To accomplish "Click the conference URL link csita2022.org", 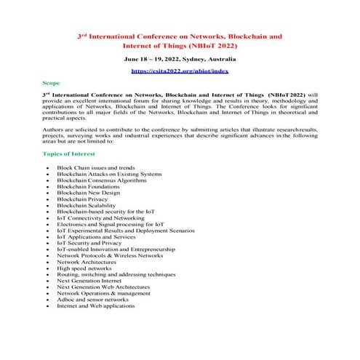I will [x=179, y=72].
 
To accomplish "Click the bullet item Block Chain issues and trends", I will [x=95, y=168].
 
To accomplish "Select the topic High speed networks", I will [x=84, y=268].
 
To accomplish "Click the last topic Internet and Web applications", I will [x=95, y=306].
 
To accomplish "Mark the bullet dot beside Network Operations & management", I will [x=47, y=294].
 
